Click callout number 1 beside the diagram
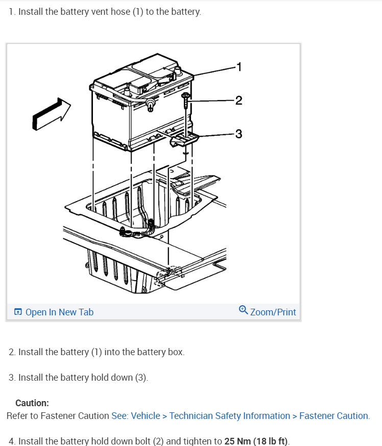click(238, 66)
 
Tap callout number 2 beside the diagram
click(238, 100)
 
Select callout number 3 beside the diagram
click(238, 134)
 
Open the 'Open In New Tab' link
click(59, 312)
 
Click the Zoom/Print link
click(273, 312)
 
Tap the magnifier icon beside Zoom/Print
click(244, 310)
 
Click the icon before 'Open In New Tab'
click(18, 312)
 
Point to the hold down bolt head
click(186, 96)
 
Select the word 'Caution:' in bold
click(32, 403)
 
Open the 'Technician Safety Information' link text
click(230, 416)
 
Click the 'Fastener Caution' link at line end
click(333, 416)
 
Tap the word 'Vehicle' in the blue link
click(146, 416)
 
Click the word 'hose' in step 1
click(121, 11)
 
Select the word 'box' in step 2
click(175, 352)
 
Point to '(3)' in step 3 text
click(140, 378)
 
